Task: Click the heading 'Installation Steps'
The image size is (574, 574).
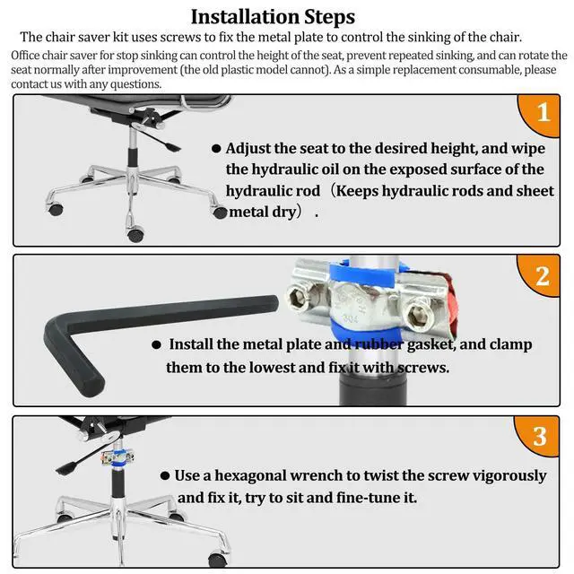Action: pyautogui.click(x=273, y=17)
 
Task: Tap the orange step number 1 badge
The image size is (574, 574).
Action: pyautogui.click(x=541, y=114)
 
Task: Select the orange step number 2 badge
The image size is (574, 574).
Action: pyautogui.click(x=540, y=275)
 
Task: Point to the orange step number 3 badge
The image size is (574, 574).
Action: pyautogui.click(x=538, y=436)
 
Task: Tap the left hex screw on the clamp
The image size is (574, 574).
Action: pyautogui.click(x=298, y=296)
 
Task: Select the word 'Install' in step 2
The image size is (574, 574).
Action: pyautogui.click(x=190, y=344)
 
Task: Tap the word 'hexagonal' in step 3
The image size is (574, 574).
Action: pyautogui.click(x=250, y=476)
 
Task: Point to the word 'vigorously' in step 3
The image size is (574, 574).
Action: pyautogui.click(x=509, y=476)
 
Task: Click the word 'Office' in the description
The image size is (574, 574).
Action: pyautogui.click(x=25, y=56)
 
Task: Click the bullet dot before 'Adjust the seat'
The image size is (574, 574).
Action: pyautogui.click(x=216, y=148)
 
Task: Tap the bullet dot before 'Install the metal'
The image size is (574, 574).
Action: pyautogui.click(x=156, y=344)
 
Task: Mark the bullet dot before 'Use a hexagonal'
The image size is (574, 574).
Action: pyautogui.click(x=165, y=475)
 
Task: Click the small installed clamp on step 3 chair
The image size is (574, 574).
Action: pyautogui.click(x=117, y=457)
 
